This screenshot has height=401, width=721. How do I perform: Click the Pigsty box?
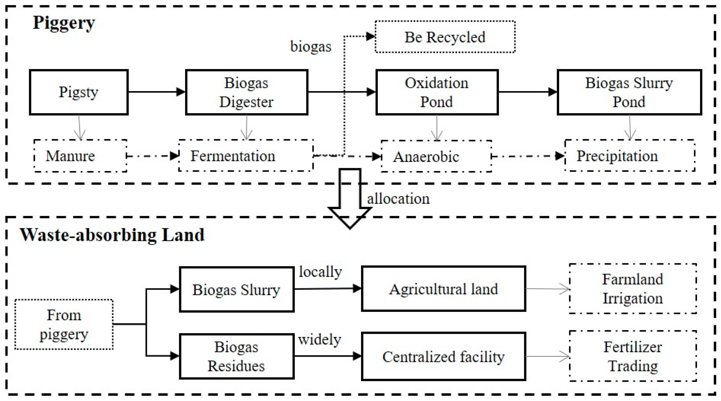coord(79,92)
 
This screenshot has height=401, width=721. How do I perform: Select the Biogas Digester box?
coord(246,92)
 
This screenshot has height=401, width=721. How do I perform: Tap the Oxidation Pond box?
coord(437,92)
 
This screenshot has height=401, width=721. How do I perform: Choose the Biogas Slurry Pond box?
coord(629,92)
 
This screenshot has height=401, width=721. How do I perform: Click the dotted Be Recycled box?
coord(445,37)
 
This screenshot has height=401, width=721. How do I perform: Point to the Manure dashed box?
coord(80,156)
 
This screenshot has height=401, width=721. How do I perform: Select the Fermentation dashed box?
coord(246,156)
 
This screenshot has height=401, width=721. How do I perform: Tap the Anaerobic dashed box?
coord(436,156)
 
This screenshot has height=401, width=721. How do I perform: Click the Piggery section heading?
coord(64,23)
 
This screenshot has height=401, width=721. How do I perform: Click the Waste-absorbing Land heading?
coord(112,235)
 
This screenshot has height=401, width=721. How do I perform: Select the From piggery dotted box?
coord(64,324)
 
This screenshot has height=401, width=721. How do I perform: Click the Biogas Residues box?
coord(236,356)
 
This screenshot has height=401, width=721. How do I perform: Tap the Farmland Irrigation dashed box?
coord(633,289)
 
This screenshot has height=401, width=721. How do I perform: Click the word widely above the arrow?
coord(320,340)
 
